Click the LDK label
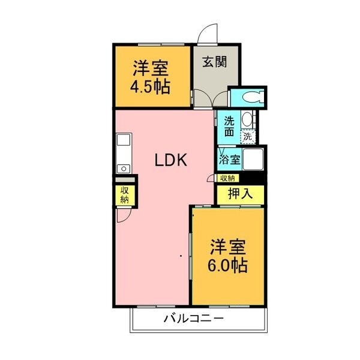[x=171, y=160]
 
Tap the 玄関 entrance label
[x=214, y=62]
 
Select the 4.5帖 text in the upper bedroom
[x=150, y=87]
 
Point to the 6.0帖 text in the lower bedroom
[x=227, y=265]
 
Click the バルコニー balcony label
[x=193, y=319]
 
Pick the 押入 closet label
[x=240, y=194]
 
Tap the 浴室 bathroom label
[x=229, y=160]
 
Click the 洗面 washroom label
[x=229, y=126]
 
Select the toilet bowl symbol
[x=253, y=97]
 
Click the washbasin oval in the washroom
[x=247, y=119]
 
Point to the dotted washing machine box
[x=248, y=137]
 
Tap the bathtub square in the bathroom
[x=253, y=160]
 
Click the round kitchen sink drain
[x=124, y=169]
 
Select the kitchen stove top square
[x=124, y=140]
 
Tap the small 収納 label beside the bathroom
[x=227, y=178]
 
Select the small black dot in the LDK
[x=181, y=256]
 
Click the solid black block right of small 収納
[x=252, y=178]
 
